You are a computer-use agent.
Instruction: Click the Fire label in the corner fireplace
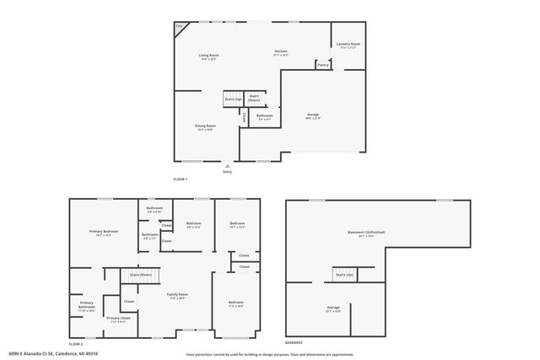[179, 26]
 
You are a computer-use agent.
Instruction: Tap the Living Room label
[208, 56]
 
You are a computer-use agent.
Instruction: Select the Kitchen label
[281, 52]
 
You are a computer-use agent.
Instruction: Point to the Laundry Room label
[348, 44]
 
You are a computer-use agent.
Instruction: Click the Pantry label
[323, 64]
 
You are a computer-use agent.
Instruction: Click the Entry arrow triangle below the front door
[227, 166]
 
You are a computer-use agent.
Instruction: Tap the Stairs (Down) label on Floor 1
[254, 98]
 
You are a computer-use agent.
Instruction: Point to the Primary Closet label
[117, 319]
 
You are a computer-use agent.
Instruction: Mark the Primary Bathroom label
[87, 305]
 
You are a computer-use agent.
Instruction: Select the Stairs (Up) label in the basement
[344, 275]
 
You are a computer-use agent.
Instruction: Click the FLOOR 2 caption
[76, 344]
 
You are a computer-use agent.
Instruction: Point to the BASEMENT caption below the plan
[294, 344]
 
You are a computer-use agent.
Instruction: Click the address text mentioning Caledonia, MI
[53, 354]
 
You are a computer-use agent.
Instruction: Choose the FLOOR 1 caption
[181, 180]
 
